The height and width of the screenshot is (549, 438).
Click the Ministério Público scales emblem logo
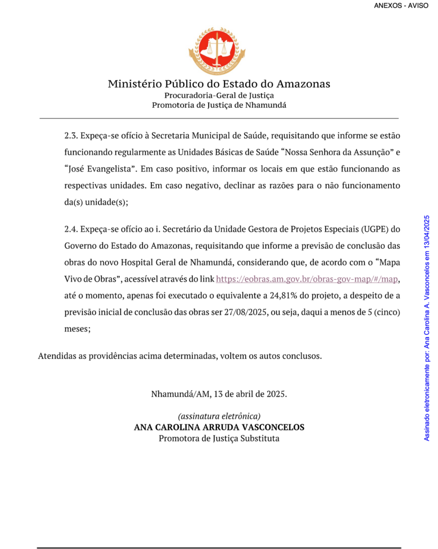(217, 51)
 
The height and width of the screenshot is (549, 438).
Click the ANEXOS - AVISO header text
(401, 6)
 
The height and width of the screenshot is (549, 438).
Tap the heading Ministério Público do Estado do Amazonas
(219, 84)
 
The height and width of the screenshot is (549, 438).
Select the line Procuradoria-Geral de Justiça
(219, 95)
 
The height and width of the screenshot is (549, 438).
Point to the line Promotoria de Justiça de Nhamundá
(219, 105)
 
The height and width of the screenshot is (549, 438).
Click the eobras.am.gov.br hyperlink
(308, 279)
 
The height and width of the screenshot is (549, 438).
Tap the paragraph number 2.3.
(71, 136)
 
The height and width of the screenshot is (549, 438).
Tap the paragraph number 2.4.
(71, 229)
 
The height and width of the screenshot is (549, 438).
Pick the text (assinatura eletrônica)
(219, 417)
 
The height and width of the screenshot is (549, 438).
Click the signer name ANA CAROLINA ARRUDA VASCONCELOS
(219, 427)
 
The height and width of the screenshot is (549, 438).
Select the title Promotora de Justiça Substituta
(219, 439)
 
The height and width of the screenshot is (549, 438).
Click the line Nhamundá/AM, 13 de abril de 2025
(219, 394)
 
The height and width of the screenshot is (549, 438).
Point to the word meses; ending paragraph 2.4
(77, 330)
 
